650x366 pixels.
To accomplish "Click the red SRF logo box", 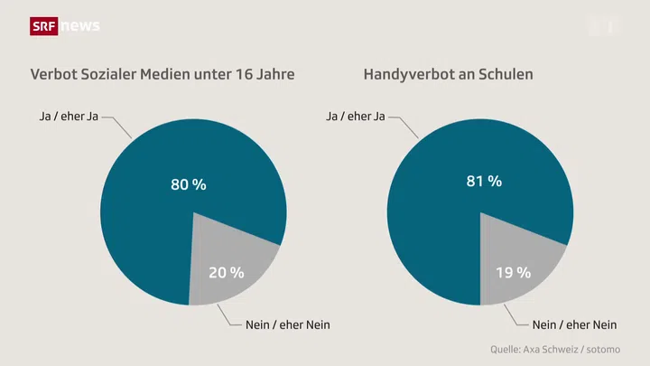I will (x=44, y=26).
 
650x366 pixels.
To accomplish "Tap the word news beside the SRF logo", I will (x=80, y=26).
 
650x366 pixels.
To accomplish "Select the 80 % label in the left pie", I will (x=189, y=184).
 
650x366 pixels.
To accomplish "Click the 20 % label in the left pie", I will (x=227, y=272).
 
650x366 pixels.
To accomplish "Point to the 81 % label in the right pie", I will (x=484, y=182).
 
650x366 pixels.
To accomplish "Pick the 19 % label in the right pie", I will (x=513, y=272).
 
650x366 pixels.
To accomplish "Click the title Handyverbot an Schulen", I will (x=448, y=74).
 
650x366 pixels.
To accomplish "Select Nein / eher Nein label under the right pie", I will (x=574, y=324).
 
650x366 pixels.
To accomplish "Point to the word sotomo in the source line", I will (x=603, y=349).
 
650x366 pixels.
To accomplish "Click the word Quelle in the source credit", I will (x=507, y=349).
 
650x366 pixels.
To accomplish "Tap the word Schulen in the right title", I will (x=506, y=74).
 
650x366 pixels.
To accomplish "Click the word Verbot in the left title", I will (x=51, y=74).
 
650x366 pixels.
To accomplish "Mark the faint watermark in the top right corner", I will (x=606, y=26).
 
